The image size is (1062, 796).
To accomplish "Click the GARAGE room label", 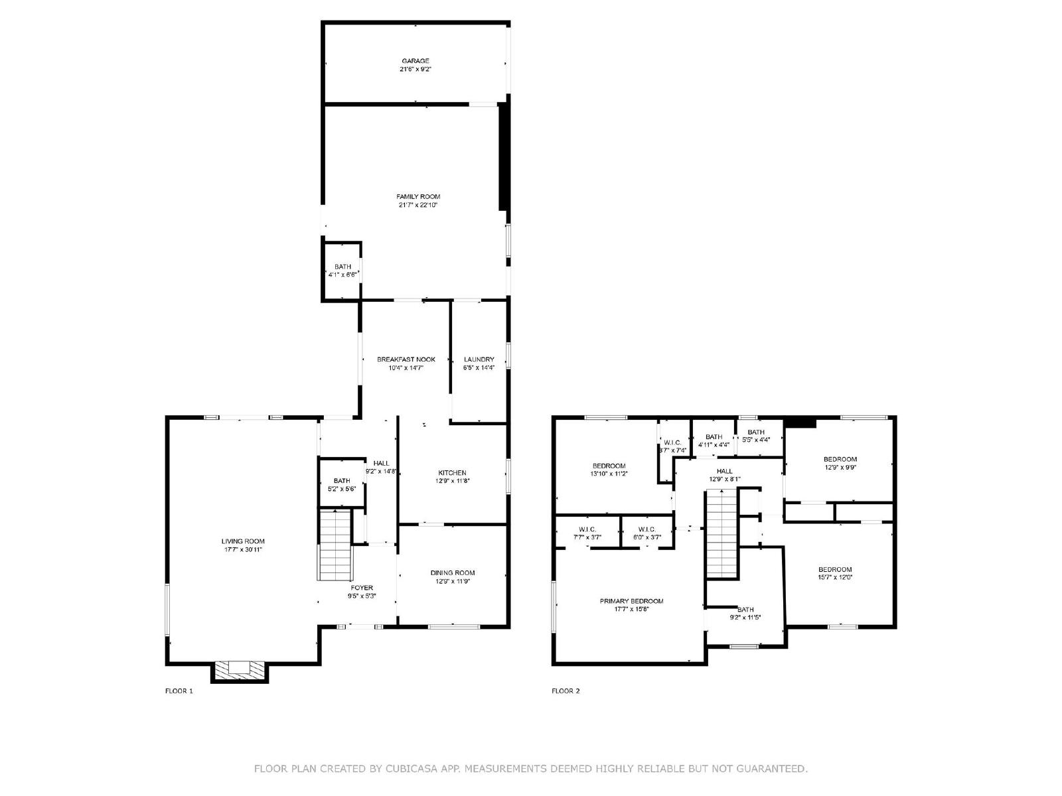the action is point(415,61).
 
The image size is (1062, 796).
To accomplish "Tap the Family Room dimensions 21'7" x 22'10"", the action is point(418,205).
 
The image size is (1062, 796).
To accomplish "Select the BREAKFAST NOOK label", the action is point(406,360).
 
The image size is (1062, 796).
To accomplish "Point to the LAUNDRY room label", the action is point(479,360).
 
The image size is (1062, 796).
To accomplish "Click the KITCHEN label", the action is point(452,473).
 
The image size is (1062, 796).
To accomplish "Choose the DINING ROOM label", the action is point(453,572).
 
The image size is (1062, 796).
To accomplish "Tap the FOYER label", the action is point(362,588).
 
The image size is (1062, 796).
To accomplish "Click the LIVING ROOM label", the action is point(243,541).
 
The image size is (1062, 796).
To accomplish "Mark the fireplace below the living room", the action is point(240,670).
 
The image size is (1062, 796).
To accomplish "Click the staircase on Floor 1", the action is point(335,545).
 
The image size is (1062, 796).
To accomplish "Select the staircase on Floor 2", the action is point(721,533).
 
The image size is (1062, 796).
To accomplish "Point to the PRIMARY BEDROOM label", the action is point(631,601).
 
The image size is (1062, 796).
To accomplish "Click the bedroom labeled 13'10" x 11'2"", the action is point(609,470).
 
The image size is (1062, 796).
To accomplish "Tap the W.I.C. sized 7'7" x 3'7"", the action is point(587,533).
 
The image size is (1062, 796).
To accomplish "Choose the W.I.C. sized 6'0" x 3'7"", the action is point(647,533).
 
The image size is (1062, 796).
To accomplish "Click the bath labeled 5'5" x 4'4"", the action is point(756,436).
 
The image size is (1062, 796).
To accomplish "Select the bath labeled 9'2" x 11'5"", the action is point(745,614).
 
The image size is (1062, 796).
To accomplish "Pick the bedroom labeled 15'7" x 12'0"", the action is point(835,573).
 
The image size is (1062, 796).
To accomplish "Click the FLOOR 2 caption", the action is point(566,691).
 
